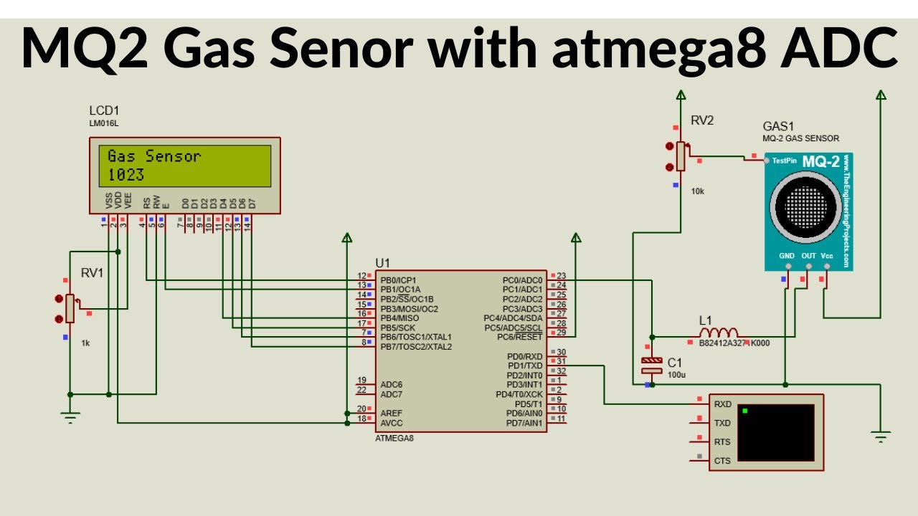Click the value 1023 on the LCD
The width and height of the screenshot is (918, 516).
click(x=126, y=175)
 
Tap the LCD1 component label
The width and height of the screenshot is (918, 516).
click(x=104, y=111)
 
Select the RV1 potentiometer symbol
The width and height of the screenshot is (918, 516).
click(x=70, y=309)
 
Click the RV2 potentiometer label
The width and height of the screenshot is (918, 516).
click(x=702, y=120)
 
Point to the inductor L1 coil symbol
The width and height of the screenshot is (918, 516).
click(x=718, y=333)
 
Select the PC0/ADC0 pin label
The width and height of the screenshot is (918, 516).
click(x=522, y=280)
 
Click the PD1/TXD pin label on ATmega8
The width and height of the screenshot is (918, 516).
click(x=524, y=366)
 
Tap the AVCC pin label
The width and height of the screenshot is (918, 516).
click(x=392, y=423)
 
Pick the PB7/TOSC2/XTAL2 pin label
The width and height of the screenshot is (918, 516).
click(x=416, y=347)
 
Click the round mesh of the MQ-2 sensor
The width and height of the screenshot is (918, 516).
click(x=805, y=206)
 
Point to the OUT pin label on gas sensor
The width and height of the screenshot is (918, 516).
click(x=808, y=255)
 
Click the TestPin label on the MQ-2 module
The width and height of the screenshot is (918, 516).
click(x=785, y=161)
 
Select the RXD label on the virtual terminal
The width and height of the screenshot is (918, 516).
click(x=722, y=404)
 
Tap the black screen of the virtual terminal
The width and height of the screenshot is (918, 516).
click(x=775, y=433)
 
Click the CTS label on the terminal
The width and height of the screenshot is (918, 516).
click(x=722, y=461)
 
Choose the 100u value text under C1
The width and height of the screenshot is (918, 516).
click(x=676, y=375)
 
